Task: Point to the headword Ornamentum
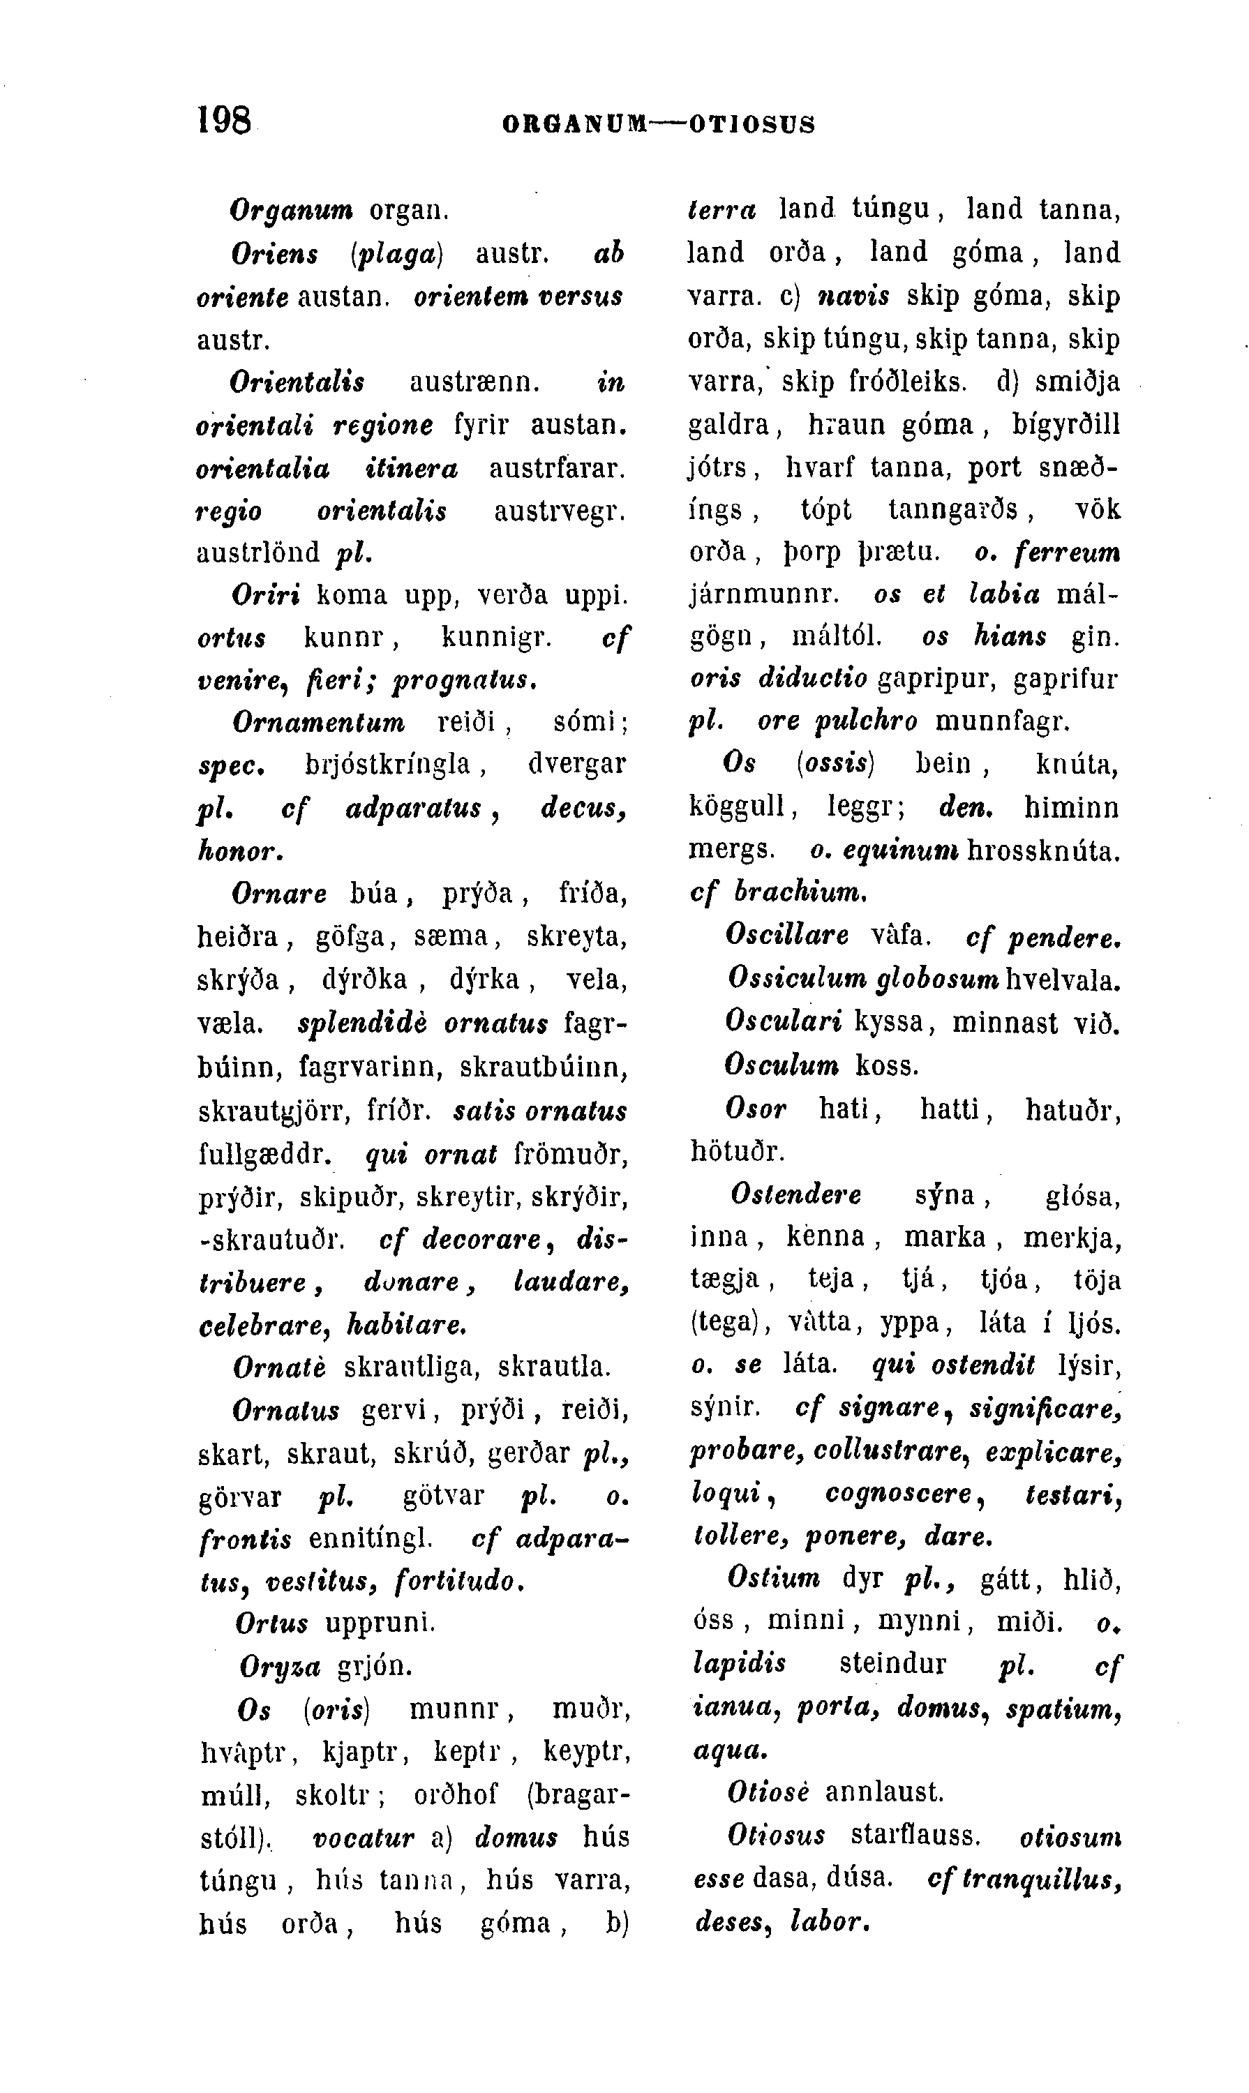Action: point(318,722)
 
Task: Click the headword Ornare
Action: point(278,894)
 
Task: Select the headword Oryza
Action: point(279,1665)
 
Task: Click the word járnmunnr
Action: point(763,595)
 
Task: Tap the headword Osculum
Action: point(782,1065)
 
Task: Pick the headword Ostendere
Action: point(796,1194)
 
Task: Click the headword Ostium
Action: point(775,1579)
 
